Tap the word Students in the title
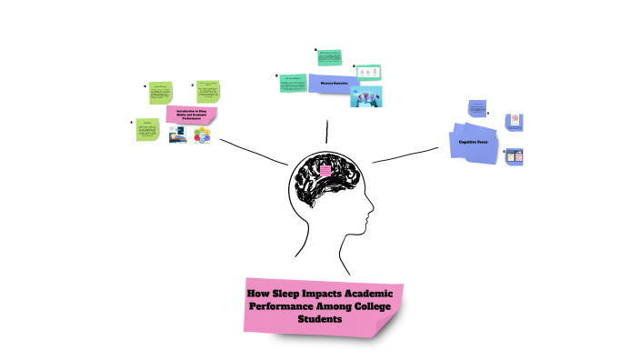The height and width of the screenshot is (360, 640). coord(324,321)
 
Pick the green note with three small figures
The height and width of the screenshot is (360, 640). coord(369,71)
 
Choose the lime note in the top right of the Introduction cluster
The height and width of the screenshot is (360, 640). coord(208,92)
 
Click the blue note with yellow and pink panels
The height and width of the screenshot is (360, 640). coord(514,155)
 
